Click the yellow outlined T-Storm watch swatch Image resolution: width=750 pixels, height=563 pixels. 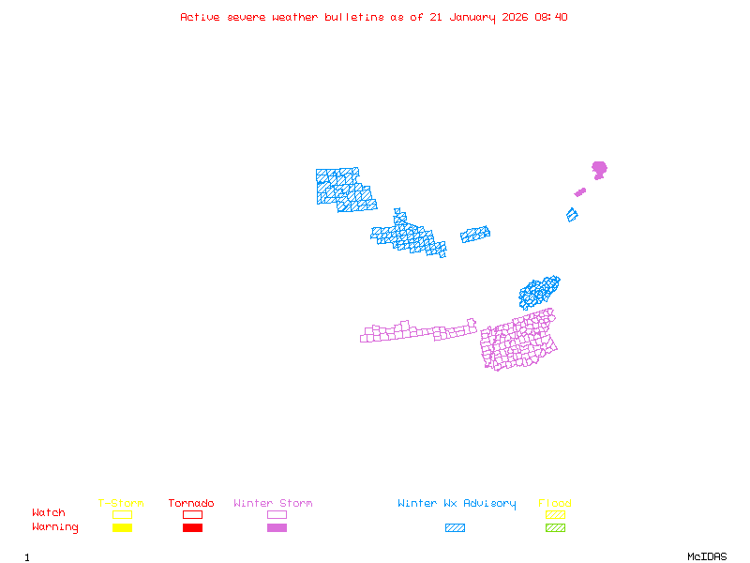[122, 514]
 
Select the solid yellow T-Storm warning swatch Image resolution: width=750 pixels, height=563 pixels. [122, 527]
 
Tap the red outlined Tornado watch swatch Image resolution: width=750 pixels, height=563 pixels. [192, 514]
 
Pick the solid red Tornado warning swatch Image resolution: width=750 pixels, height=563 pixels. [192, 527]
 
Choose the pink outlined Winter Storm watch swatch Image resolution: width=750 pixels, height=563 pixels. [277, 514]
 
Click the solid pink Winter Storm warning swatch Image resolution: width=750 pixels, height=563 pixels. [277, 527]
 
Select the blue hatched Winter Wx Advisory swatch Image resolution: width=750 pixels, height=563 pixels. [455, 527]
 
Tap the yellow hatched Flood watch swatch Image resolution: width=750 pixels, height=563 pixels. [555, 514]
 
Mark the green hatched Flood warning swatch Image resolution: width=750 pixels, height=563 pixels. [555, 527]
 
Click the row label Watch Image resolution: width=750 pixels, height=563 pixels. [49, 513]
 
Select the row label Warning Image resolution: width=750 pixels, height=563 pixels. [55, 527]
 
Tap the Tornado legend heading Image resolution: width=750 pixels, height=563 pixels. [191, 504]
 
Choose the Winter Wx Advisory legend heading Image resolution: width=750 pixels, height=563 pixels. [457, 504]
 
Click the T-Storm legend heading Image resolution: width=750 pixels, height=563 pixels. [121, 504]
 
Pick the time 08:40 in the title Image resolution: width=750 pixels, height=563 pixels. [550, 17]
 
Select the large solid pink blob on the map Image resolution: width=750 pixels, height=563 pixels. [599, 169]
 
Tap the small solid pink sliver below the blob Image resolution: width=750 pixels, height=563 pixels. [580, 192]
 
